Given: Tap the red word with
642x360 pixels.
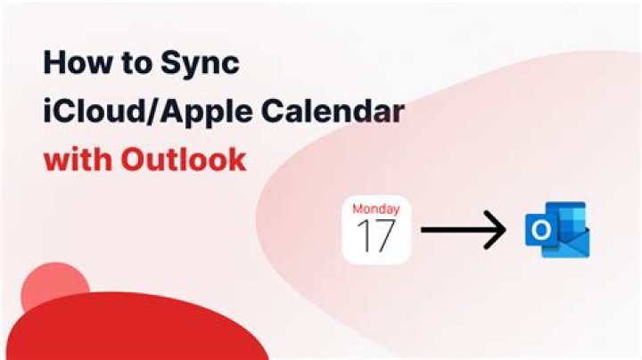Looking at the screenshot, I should click(78, 160).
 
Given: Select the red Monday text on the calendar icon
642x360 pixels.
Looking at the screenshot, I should click(375, 209).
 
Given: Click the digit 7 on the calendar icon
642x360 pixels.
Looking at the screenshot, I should click(385, 236).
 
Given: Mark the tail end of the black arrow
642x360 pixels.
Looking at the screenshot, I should click(424, 231).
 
